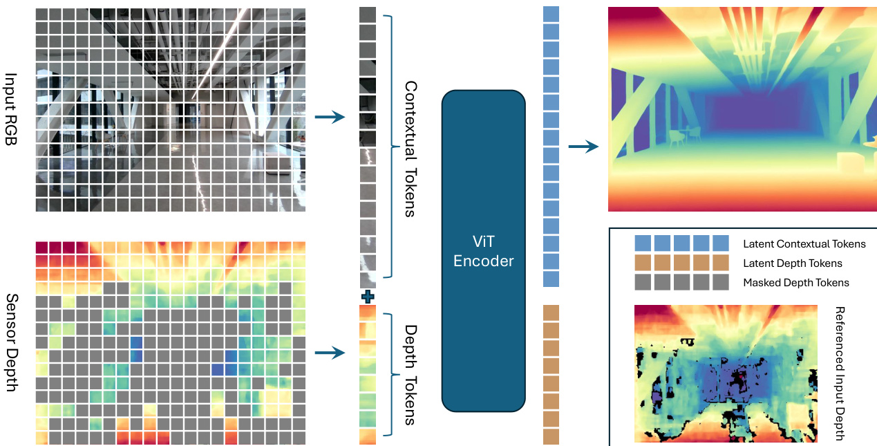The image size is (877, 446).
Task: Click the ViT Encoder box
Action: tap(484, 250)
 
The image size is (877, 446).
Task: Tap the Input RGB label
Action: tap(11, 109)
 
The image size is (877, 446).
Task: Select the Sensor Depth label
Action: tap(12, 343)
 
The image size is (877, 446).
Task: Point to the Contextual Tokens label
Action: tap(411, 149)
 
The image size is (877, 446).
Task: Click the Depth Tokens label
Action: tap(411, 375)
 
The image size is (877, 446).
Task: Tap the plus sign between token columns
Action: tap(368, 297)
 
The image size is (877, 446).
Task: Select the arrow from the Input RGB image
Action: tap(330, 117)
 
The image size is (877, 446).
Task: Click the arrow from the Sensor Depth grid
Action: tap(330, 353)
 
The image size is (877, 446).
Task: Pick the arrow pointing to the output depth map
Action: tap(583, 147)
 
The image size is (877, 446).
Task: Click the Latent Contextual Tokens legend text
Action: tap(804, 244)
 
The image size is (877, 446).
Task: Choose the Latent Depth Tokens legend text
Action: tap(793, 263)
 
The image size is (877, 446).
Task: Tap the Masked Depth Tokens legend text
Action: tap(796, 283)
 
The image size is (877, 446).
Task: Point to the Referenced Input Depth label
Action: tap(840, 373)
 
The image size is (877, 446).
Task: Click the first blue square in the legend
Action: tap(643, 243)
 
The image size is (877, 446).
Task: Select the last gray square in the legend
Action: tap(721, 282)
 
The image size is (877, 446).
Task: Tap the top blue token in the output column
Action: tap(551, 14)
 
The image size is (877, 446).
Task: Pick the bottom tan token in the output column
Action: tap(551, 436)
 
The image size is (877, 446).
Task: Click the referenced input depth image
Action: tap(726, 373)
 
